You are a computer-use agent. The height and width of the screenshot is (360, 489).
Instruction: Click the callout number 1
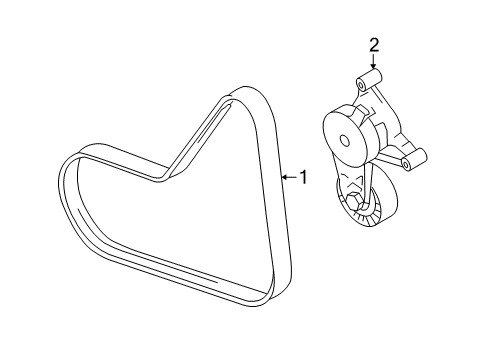coord(303,177)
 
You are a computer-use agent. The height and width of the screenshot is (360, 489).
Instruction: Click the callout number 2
coord(374,45)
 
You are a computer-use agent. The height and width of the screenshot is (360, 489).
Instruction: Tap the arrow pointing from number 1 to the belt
coord(289,177)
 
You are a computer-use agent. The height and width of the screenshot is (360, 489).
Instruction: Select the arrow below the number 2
coord(374,61)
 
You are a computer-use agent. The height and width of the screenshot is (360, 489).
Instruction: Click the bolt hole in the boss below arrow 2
coord(361,86)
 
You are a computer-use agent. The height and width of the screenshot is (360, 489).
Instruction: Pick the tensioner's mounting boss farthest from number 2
coord(414,159)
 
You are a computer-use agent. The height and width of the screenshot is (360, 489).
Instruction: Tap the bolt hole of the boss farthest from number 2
coord(406,165)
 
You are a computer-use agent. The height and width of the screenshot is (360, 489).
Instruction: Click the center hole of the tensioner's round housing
coord(344,140)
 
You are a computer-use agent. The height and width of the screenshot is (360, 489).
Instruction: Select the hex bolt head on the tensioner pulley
coord(353,203)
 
